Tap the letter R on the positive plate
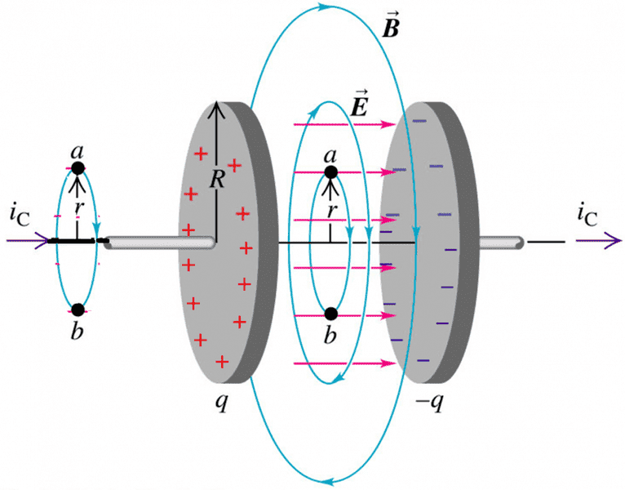[216, 180]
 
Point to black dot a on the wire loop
[78, 168]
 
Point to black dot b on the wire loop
[78, 310]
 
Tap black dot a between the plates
[330, 172]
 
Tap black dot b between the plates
[330, 313]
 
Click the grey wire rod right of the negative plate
[499, 243]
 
